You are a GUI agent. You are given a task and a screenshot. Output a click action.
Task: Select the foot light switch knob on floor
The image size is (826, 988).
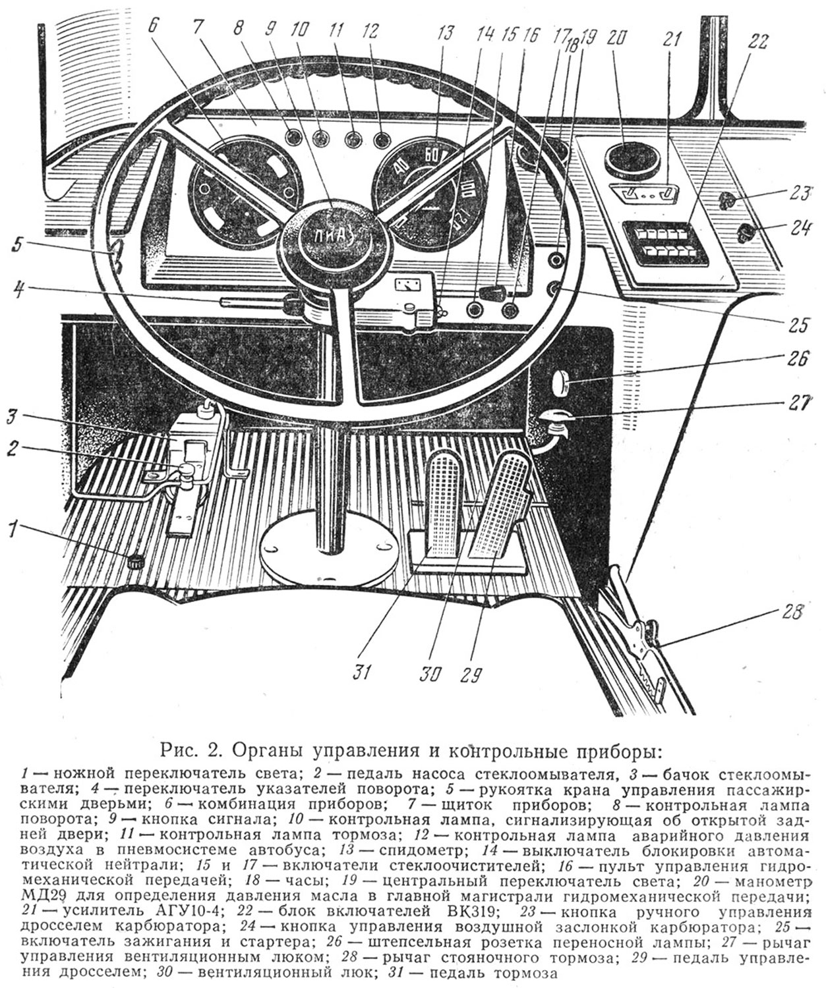point(136,561)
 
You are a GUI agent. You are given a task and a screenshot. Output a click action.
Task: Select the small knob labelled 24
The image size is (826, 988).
point(748,233)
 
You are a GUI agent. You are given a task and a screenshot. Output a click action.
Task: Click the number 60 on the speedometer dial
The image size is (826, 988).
point(433,156)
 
